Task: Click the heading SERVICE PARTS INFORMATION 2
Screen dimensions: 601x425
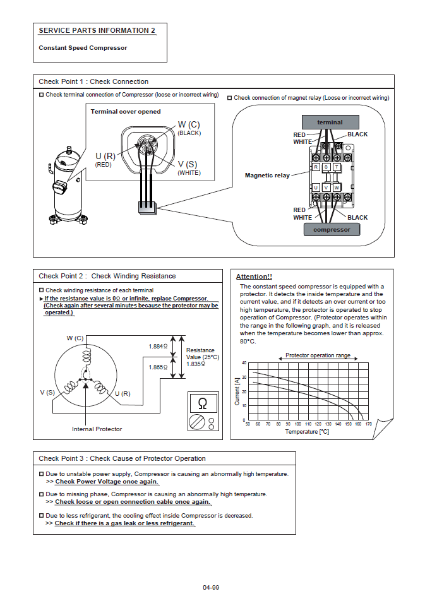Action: [x=97, y=30]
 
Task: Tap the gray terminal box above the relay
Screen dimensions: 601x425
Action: [x=330, y=122]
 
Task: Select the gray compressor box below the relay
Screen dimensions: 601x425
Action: [x=332, y=229]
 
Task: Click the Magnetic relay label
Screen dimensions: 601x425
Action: [x=267, y=175]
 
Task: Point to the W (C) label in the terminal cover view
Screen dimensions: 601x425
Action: [x=189, y=124]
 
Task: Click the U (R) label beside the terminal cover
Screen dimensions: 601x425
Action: [x=105, y=156]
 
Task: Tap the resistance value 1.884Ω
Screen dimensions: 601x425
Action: [x=157, y=347]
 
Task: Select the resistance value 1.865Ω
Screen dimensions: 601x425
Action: [x=157, y=367]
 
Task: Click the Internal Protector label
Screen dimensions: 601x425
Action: [x=97, y=429]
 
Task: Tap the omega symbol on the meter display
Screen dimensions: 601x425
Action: [x=203, y=403]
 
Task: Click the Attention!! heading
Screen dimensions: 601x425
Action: [x=254, y=277]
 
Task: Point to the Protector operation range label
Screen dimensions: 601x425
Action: [x=318, y=355]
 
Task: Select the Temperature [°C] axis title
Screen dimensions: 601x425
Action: [x=307, y=432]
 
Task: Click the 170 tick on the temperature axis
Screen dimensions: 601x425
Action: [x=368, y=424]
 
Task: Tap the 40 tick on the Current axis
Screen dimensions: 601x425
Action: [x=244, y=363]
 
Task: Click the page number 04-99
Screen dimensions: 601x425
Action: [x=211, y=588]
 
